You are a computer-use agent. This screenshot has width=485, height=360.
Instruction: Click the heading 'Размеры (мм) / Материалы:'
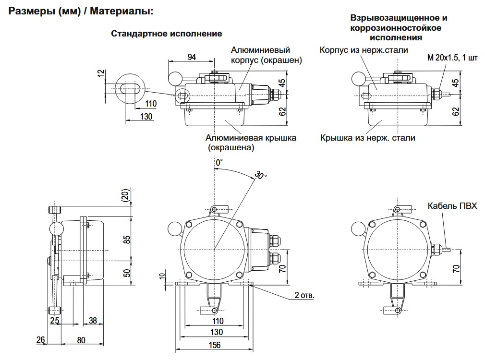(x=81, y=10)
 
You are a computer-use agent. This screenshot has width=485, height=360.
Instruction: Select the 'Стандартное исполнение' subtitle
(x=167, y=34)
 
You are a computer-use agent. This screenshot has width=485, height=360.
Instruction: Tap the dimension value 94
(x=192, y=57)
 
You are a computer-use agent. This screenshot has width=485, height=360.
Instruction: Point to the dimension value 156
(x=214, y=345)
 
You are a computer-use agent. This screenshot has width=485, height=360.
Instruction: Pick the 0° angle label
(x=219, y=163)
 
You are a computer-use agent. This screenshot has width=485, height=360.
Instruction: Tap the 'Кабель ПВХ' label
(x=453, y=206)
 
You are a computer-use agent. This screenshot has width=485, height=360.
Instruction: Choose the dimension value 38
(x=92, y=320)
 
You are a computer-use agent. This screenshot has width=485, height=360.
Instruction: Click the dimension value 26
(x=41, y=340)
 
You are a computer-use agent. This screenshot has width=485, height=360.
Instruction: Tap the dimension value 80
(x=81, y=340)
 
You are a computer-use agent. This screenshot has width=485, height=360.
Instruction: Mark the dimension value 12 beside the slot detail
(x=100, y=73)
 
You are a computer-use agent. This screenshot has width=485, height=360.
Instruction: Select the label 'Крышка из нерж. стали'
(x=368, y=138)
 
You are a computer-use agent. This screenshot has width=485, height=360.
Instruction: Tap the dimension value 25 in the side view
(x=54, y=320)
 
